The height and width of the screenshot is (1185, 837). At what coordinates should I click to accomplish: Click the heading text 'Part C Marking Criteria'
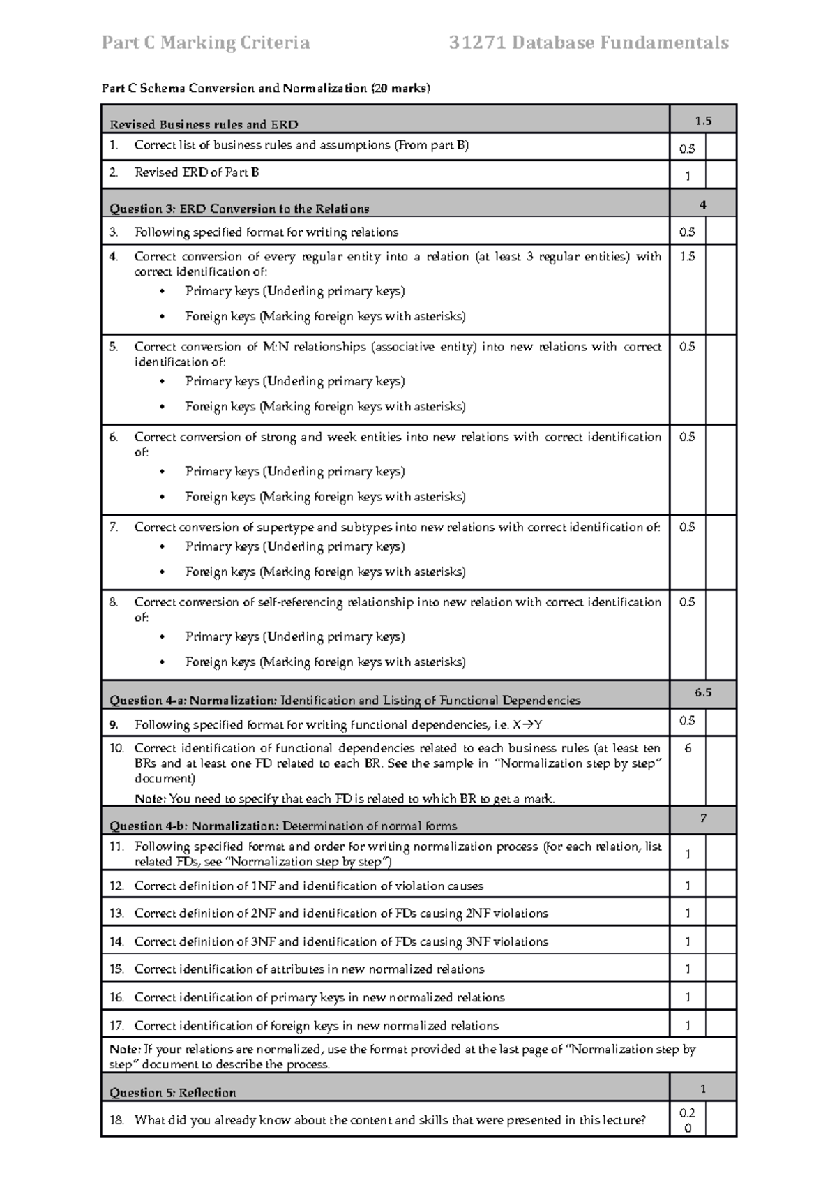[206, 43]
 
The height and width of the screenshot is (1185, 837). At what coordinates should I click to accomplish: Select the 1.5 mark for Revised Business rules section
[702, 120]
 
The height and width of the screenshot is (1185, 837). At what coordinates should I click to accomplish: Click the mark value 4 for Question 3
[702, 204]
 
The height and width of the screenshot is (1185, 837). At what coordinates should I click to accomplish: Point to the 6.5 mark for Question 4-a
[702, 692]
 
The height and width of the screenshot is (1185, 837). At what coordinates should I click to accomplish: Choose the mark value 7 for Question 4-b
[702, 818]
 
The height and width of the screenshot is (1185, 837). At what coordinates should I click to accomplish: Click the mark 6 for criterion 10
[688, 748]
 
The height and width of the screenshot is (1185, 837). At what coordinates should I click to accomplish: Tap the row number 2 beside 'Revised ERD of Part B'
[113, 172]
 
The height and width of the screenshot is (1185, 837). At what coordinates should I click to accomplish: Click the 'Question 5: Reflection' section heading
[173, 1093]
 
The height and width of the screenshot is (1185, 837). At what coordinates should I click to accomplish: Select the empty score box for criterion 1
[721, 148]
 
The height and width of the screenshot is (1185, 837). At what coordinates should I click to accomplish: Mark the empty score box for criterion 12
[721, 886]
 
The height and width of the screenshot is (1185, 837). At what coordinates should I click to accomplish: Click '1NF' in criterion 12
[262, 886]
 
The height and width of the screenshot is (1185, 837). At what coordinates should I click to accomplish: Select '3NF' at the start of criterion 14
[263, 941]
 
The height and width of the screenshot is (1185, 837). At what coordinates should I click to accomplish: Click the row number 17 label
[116, 1026]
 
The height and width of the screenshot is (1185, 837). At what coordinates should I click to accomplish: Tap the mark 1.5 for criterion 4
[687, 256]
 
